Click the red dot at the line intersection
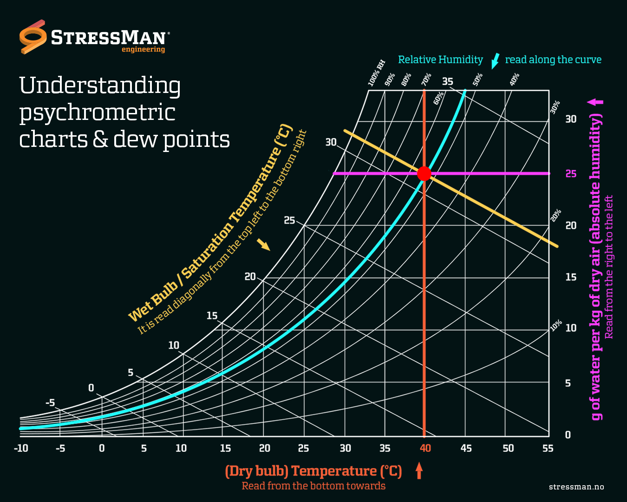coord(424,173)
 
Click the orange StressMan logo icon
coord(33,37)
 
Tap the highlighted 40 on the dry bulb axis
coord(425,448)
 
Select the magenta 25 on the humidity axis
coord(571,174)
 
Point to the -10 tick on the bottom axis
coord(21,448)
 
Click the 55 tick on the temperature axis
coord(548,448)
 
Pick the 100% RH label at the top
coord(377,73)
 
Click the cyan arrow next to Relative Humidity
coord(495,60)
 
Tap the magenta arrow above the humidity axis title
coord(595,102)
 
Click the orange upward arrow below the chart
coord(419,470)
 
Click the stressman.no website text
coord(576,487)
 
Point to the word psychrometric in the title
coord(97,112)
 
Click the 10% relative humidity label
coord(556,325)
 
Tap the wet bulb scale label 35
coord(447,81)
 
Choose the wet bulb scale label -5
coord(50,403)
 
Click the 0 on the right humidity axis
coord(568,435)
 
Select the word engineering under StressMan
coord(143,49)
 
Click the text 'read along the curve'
coord(553,59)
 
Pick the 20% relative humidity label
coord(556,216)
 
